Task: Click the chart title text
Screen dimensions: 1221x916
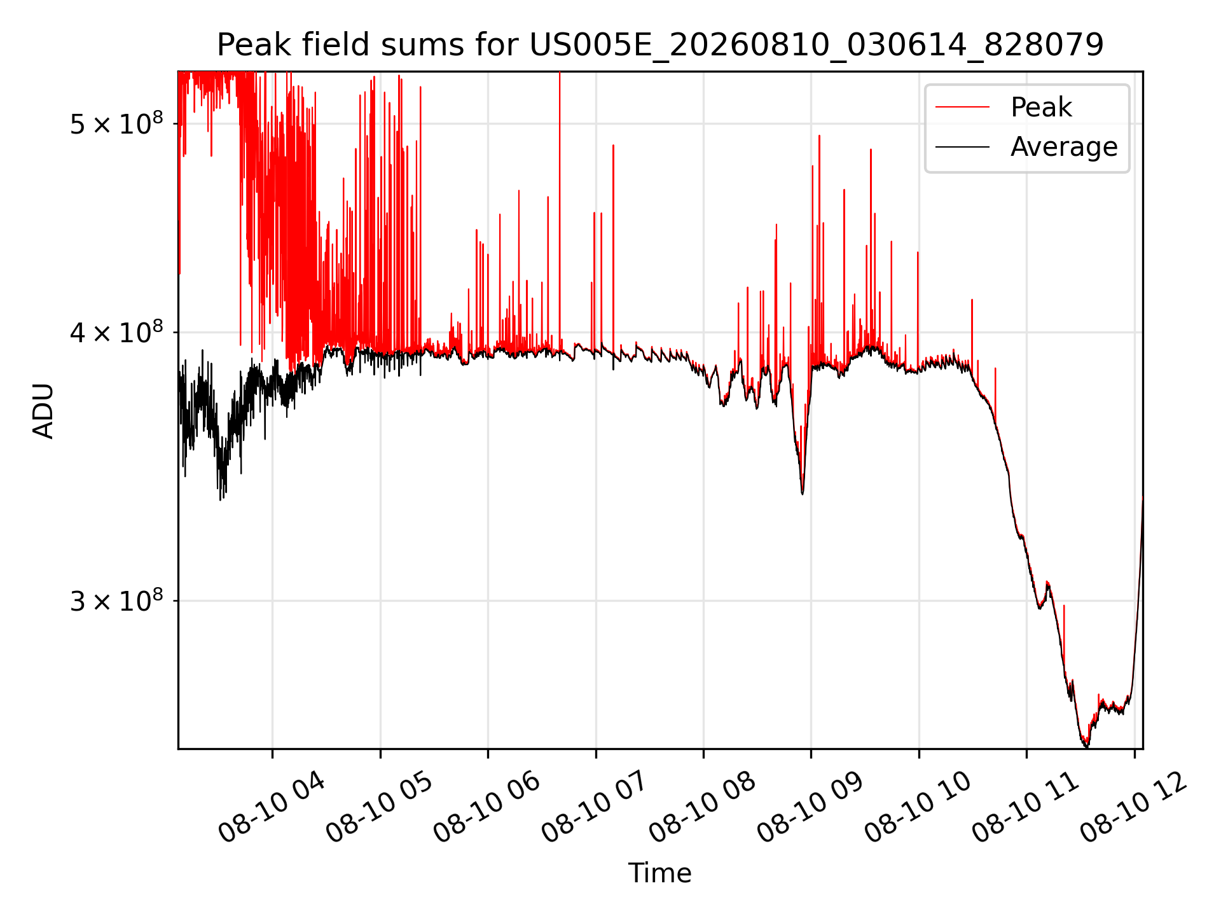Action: pyautogui.click(x=660, y=45)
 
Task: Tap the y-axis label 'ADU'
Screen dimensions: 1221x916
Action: pyautogui.click(x=43, y=410)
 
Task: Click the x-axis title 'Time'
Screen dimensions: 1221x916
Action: pyautogui.click(x=660, y=873)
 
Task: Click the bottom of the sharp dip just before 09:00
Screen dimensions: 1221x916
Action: pyautogui.click(x=803, y=494)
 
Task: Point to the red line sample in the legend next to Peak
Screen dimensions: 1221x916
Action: pyautogui.click(x=962, y=108)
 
